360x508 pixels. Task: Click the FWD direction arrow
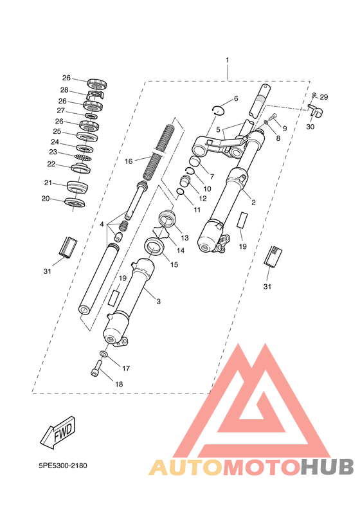tap(59, 433)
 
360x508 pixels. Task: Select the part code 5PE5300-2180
tap(63, 466)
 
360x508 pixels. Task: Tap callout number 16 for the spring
tap(129, 161)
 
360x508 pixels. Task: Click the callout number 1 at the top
tap(227, 60)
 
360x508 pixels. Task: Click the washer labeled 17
tap(104, 354)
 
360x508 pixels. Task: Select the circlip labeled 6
tap(219, 110)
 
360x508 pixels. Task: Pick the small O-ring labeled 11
tap(181, 192)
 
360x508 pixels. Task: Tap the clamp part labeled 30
tap(315, 110)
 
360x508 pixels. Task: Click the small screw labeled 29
tap(314, 95)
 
